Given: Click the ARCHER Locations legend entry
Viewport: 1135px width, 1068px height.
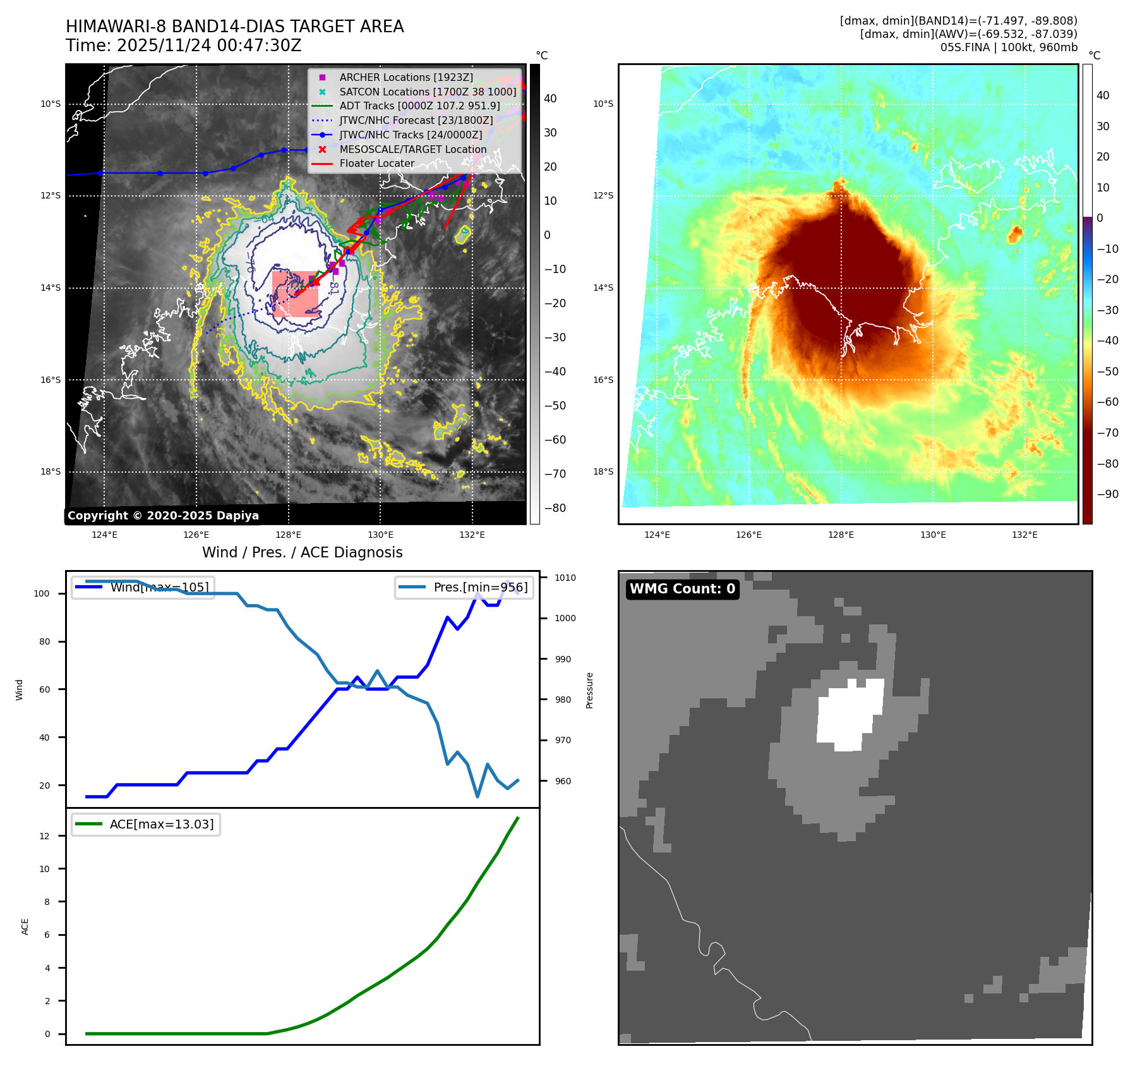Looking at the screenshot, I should [405, 77].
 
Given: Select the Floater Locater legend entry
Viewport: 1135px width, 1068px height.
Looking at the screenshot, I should [376, 163].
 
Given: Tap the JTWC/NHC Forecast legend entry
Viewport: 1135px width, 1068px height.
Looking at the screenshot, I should [416, 120].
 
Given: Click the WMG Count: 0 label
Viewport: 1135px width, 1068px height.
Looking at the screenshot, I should [682, 589].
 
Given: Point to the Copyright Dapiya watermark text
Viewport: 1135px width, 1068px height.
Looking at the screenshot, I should [163, 516].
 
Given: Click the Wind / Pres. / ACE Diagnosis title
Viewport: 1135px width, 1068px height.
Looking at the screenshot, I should [302, 552].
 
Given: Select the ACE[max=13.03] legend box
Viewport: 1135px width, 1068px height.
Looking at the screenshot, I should [146, 824].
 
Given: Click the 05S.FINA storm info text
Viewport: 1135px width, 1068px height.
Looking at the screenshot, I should [1009, 47].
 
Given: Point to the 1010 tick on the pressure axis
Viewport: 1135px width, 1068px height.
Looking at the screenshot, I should [565, 578].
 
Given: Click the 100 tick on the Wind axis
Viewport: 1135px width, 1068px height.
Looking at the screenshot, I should [42, 593].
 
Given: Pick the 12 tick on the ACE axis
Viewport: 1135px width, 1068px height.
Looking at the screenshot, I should [44, 836].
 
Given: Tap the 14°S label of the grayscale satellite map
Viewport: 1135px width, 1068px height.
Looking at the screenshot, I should [51, 288].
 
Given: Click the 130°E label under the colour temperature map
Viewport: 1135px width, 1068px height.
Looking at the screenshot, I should [933, 535].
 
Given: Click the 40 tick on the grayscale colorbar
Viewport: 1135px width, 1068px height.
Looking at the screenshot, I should [550, 99].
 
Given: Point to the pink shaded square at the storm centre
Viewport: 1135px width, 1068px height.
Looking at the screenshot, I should [295, 294].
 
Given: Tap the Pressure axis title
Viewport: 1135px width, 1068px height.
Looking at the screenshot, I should [589, 690].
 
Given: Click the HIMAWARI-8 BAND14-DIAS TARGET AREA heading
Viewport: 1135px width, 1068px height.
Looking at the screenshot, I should [234, 27].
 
